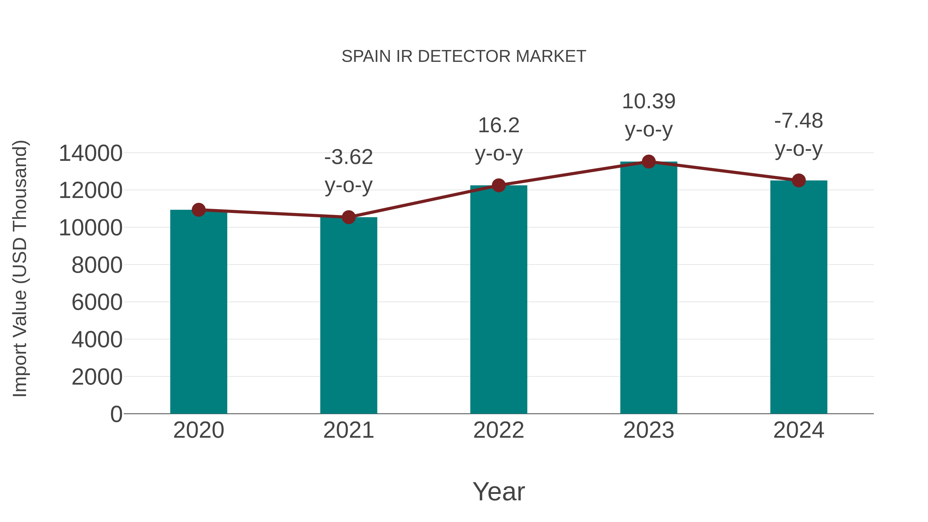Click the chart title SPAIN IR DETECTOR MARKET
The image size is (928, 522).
[464, 56]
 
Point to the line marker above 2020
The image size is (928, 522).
[198, 210]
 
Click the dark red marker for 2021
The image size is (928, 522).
[348, 217]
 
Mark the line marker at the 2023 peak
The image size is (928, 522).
[649, 162]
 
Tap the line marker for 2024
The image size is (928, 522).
[799, 180]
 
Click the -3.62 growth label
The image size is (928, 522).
[348, 158]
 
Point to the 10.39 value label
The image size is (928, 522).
[649, 102]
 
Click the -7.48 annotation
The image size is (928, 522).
[799, 121]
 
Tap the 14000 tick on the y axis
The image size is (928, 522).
[90, 153]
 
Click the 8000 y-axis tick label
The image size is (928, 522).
[97, 265]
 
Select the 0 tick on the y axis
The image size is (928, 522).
[116, 414]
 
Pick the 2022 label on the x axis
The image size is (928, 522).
[499, 430]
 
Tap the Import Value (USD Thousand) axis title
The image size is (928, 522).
[20, 268]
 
